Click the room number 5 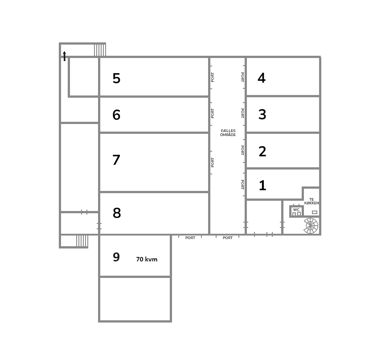pyautogui.click(x=116, y=78)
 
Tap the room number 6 pyautogui.click(x=116, y=115)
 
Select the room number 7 pyautogui.click(x=116, y=160)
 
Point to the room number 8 pyautogui.click(x=117, y=213)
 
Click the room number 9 pyautogui.click(x=116, y=257)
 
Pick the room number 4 pyautogui.click(x=262, y=78)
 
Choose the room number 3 pyautogui.click(x=262, y=114)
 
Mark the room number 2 pyautogui.click(x=262, y=151)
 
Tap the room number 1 pyautogui.click(x=262, y=186)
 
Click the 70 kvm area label pyautogui.click(x=147, y=259)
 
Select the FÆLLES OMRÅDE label pyautogui.click(x=228, y=133)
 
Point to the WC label pyautogui.click(x=296, y=210)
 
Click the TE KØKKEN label pyautogui.click(x=311, y=201)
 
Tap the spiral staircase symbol pyautogui.click(x=311, y=226)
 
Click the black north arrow pyautogui.click(x=65, y=56)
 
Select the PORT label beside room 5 pyautogui.click(x=213, y=77)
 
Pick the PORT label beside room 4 pyautogui.click(x=242, y=77)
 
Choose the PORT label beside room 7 pyautogui.click(x=213, y=162)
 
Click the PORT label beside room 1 pyautogui.click(x=242, y=185)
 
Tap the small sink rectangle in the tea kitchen pyautogui.click(x=315, y=212)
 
